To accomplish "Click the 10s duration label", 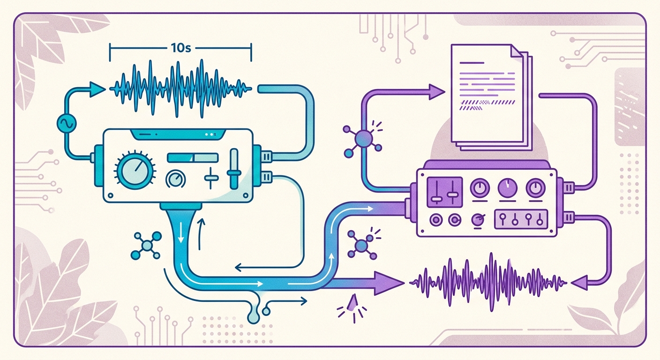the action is [180, 48].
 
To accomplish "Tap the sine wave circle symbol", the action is [67, 123].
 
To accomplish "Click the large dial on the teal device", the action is [135, 171].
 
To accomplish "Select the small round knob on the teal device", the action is [176, 179].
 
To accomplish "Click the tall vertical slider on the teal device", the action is [234, 169].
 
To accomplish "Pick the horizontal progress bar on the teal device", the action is [193, 157].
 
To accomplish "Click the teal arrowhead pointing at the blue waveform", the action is [97, 89].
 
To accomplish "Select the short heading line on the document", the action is [472, 63].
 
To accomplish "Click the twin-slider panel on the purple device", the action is [445, 192].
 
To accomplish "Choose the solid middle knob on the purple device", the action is [507, 188].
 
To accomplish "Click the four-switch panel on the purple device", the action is [521, 219].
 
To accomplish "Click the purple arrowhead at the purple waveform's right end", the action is [579, 283].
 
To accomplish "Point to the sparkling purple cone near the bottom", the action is [352, 303].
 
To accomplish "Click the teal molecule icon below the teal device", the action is [147, 246].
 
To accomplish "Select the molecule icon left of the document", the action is [362, 139].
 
